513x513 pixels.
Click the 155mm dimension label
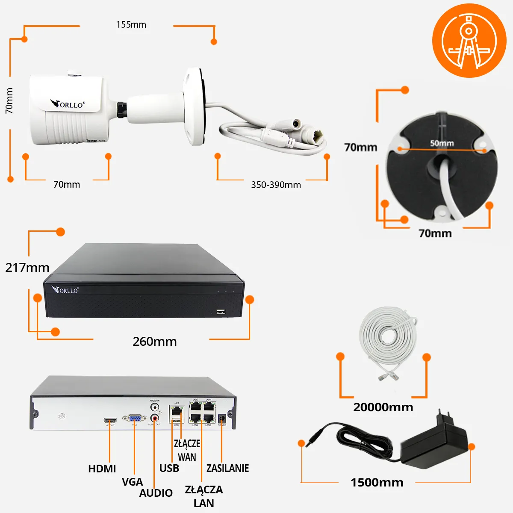pos(131,25)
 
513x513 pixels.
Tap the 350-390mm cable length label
pos(276,185)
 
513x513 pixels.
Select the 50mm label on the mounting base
pos(442,143)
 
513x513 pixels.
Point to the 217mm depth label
pos(27,268)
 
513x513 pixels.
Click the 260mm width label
pos(155,342)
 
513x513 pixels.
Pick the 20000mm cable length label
pos(383,407)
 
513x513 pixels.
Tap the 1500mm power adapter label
pos(377,483)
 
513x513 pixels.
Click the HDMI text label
pos(102,469)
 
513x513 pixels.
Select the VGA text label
pos(132,482)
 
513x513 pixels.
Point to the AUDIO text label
pos(156,493)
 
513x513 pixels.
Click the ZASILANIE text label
pos(227,468)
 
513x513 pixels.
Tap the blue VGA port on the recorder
pos(134,419)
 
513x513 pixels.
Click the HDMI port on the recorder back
pos(110,420)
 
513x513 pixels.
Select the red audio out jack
pos(154,418)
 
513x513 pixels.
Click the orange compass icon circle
pos(469,41)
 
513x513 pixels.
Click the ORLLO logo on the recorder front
pos(65,290)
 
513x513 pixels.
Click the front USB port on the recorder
pos(221,311)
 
